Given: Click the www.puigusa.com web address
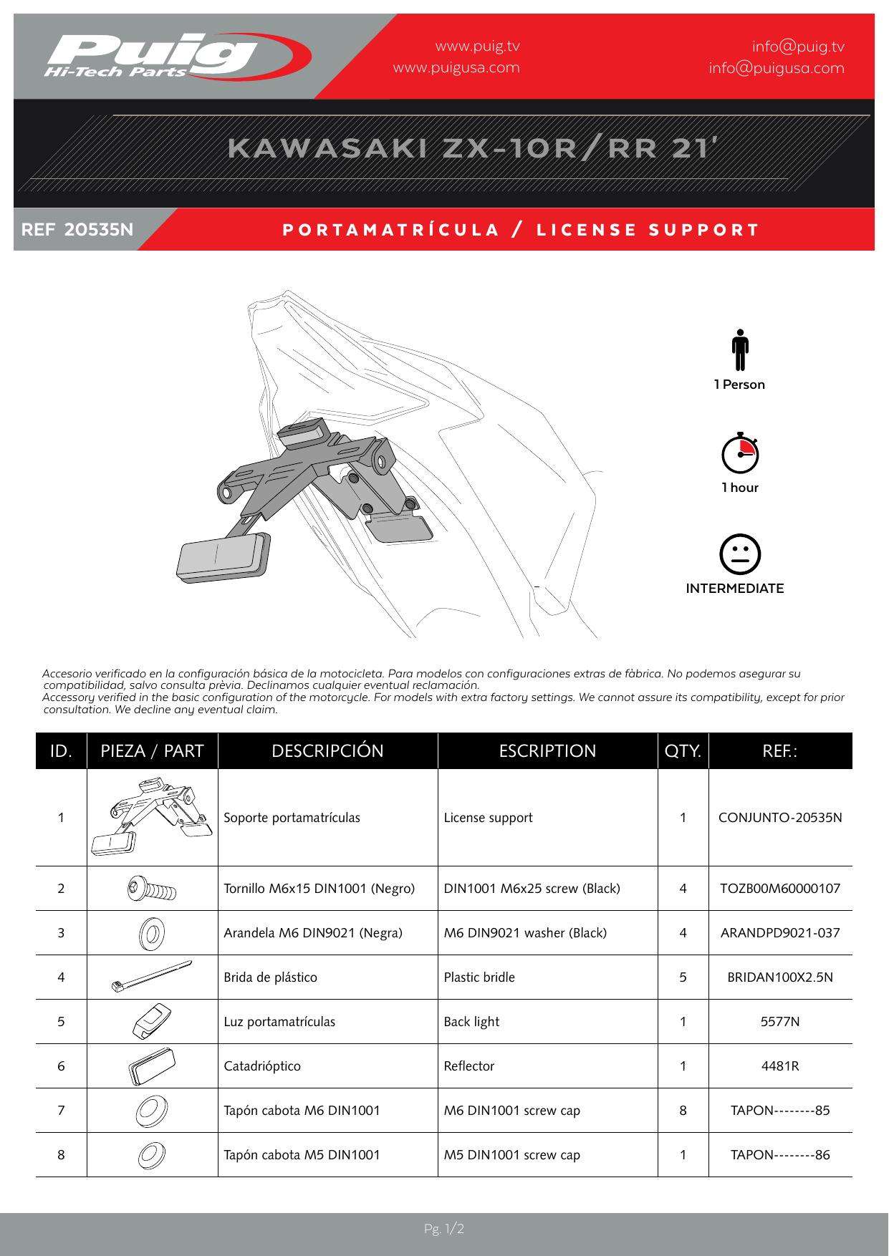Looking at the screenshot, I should [x=456, y=68].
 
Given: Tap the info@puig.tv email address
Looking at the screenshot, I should [x=798, y=47].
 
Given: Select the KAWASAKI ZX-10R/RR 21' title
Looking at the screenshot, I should [x=473, y=148].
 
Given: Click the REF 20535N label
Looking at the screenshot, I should [x=77, y=230].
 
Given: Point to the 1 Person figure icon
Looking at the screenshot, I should [x=740, y=350].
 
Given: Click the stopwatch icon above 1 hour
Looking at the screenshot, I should [x=740, y=454].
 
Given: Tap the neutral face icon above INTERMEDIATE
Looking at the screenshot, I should [x=739, y=554].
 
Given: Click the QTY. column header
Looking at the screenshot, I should [x=683, y=751].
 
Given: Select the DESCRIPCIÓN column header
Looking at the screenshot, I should [x=327, y=751].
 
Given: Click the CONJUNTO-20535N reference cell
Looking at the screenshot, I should [x=780, y=818].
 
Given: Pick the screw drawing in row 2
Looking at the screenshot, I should [x=152, y=889].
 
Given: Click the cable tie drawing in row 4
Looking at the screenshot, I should [x=152, y=977].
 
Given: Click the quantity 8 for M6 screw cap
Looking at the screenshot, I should [x=683, y=1111].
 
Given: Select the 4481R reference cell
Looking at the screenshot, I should [x=780, y=1066].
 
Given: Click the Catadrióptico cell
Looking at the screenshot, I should [x=262, y=1066].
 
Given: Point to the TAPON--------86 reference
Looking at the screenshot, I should [x=780, y=1155].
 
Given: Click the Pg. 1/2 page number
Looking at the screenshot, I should [x=444, y=1230].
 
